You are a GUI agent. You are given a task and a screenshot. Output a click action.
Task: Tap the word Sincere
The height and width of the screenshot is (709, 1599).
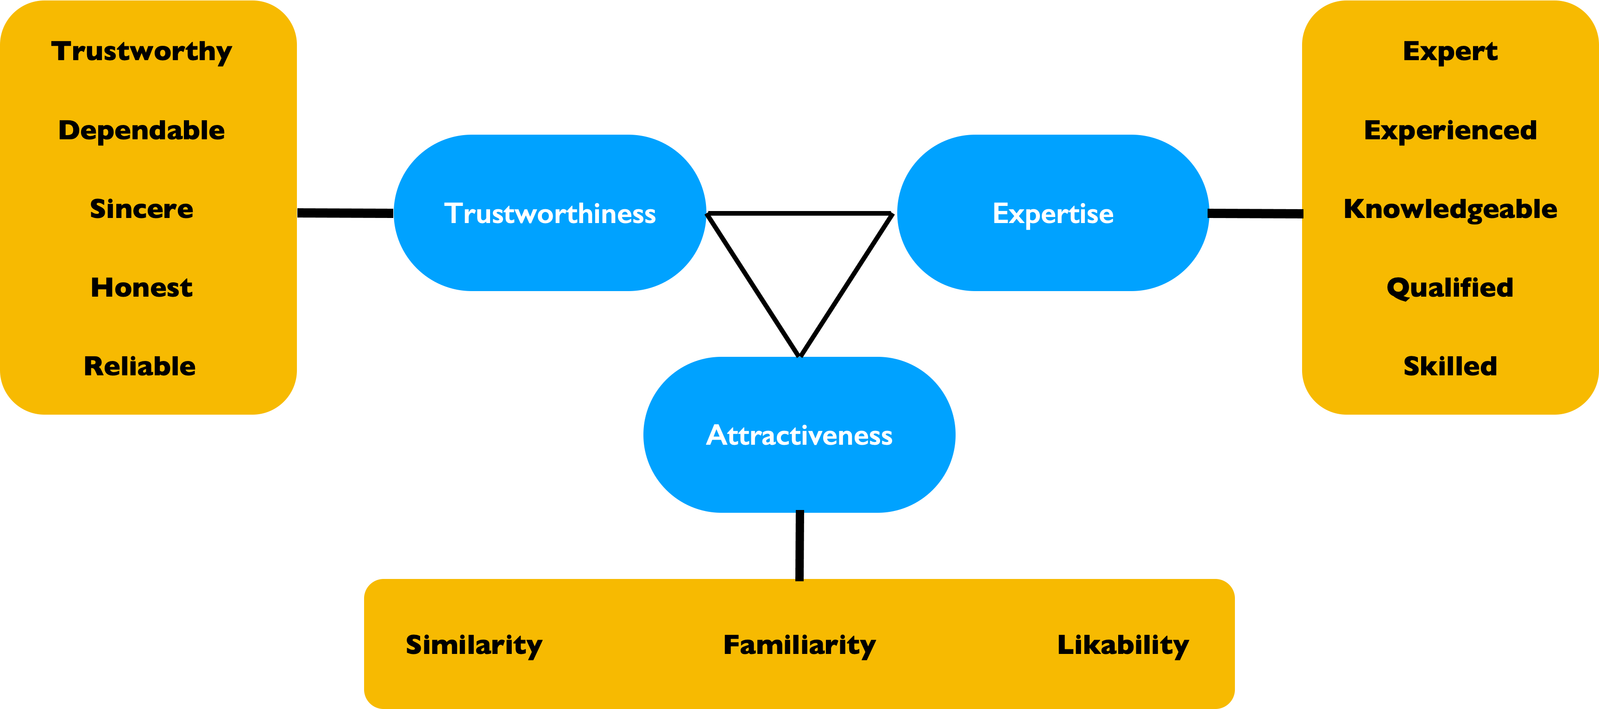(x=142, y=209)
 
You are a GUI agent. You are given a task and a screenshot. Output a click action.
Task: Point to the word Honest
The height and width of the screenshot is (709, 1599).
(x=142, y=288)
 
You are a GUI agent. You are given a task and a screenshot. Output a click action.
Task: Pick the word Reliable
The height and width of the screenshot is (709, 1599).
(x=140, y=367)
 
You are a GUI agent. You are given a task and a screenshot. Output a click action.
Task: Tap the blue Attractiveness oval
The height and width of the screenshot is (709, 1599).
(x=799, y=478)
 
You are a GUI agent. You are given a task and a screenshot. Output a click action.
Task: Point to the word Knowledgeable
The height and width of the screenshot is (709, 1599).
(x=1450, y=210)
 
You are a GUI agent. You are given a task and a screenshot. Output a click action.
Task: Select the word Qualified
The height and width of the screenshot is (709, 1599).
(x=1450, y=288)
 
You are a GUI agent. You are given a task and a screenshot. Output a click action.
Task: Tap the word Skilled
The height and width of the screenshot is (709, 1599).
(x=1450, y=367)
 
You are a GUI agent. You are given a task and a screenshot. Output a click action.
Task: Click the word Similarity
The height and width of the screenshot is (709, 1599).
(x=473, y=645)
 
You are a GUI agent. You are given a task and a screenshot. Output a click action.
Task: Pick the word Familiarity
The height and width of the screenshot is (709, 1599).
(x=799, y=645)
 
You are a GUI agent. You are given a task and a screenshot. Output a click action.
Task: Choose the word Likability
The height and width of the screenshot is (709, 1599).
(x=1123, y=645)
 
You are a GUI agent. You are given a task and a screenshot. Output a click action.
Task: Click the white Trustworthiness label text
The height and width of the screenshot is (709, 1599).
(x=549, y=213)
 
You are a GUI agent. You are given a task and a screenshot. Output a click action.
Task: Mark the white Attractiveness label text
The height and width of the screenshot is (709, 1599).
(x=799, y=435)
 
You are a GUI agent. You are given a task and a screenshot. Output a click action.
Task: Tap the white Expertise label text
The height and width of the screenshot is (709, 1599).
(x=1053, y=214)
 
